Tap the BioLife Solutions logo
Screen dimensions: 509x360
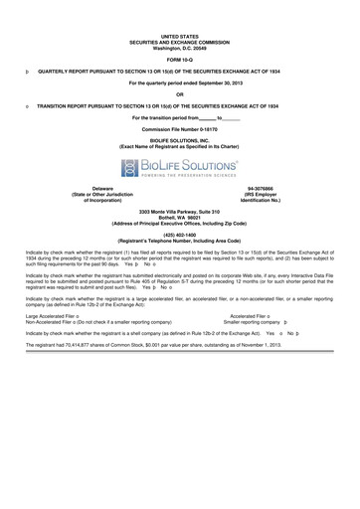(x=179, y=164)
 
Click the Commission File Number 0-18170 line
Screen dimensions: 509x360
(x=179, y=129)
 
